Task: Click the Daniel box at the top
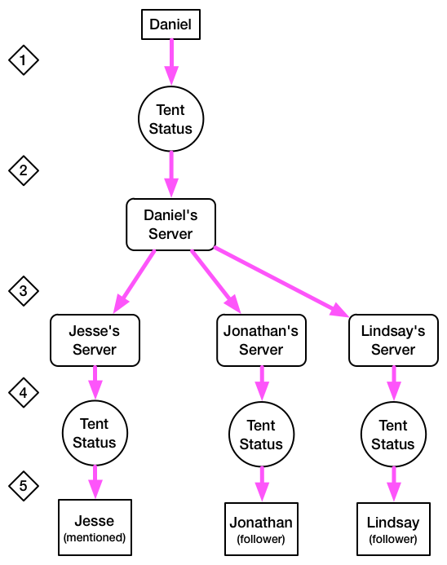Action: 170,24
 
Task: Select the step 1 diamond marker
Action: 24,60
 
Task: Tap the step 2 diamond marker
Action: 24,170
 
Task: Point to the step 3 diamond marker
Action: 24,291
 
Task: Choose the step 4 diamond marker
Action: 24,392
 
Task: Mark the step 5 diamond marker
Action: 24,486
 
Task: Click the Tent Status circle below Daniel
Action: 170,119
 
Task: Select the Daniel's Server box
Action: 170,224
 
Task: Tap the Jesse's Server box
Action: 95,340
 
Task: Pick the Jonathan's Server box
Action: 261,340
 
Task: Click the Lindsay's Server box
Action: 393,340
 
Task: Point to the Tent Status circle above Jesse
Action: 95,433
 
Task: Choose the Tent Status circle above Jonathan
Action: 261,435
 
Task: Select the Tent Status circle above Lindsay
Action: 393,435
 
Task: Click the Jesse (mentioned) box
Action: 95,527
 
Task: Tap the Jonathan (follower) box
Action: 261,528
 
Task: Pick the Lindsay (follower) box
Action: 393,528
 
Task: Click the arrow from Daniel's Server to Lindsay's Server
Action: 281,282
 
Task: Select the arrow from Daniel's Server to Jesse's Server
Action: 134,281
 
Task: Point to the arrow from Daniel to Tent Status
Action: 171,62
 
